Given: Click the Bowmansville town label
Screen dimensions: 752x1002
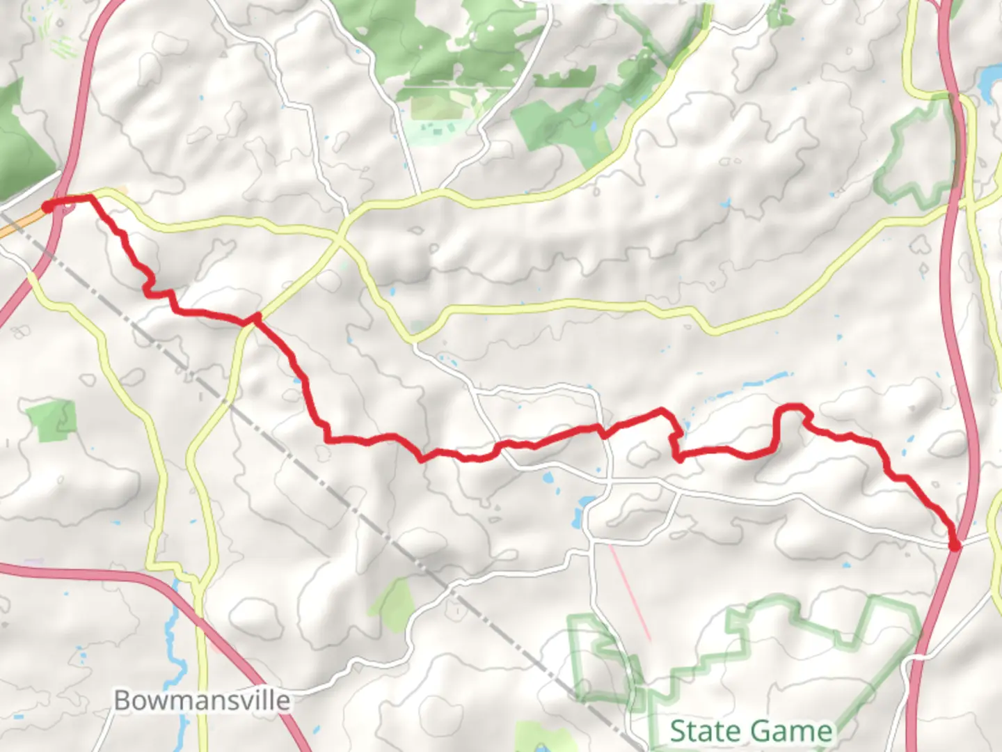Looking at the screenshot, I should [x=202, y=700].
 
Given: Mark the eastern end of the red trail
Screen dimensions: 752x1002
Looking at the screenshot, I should [x=955, y=546].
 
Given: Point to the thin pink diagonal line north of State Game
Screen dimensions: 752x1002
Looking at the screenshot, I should [x=630, y=592].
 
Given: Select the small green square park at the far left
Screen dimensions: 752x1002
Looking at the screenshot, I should [x=52, y=420].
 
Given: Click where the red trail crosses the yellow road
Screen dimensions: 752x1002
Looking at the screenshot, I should [x=255, y=319].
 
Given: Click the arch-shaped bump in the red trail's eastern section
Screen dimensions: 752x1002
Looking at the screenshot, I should [x=790, y=411].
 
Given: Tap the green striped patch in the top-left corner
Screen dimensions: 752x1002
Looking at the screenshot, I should [x=59, y=35].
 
